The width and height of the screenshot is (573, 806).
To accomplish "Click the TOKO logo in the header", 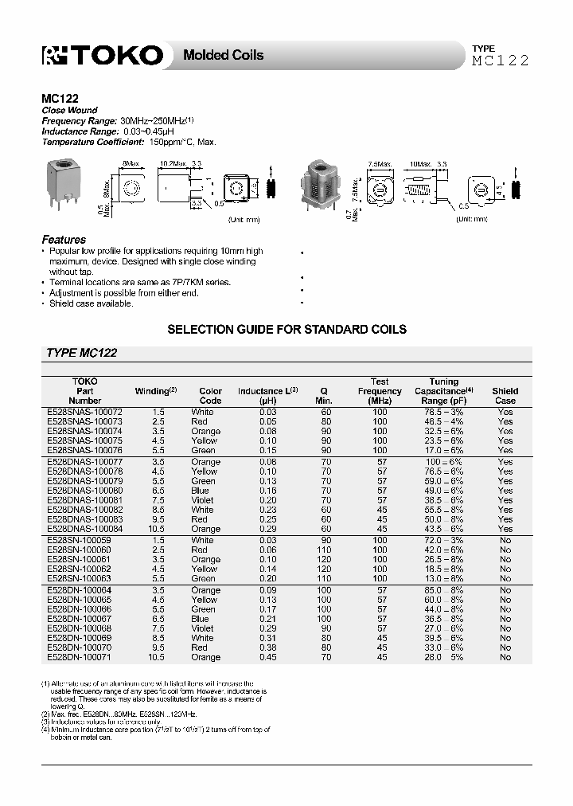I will [x=103, y=55].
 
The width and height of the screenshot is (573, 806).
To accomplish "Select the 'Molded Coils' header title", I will [x=223, y=55].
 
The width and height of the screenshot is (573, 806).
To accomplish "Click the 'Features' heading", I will [x=64, y=240].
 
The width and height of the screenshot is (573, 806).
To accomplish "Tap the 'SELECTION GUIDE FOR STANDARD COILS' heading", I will [x=286, y=329].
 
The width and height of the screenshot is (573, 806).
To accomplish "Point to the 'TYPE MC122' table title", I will [x=82, y=353].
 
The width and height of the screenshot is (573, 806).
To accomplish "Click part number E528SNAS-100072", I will [x=85, y=412].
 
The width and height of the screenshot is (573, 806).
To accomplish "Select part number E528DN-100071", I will [x=82, y=658].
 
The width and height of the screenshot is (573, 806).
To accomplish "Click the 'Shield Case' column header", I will [x=505, y=396].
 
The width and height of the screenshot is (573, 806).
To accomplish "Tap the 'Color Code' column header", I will [x=210, y=396].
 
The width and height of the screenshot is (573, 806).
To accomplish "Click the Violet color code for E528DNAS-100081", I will [x=204, y=500].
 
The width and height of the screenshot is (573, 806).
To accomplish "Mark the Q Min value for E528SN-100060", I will [x=325, y=550].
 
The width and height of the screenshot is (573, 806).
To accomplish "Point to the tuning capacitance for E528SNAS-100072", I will [x=444, y=412].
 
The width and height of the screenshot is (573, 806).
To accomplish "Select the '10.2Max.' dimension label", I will [x=173, y=162].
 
